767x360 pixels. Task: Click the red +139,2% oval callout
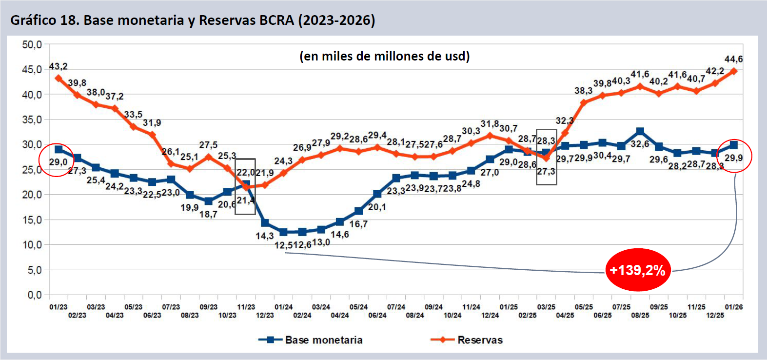coord(637,270)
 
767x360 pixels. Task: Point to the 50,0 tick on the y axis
coord(32,45)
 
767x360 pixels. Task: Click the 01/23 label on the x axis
coord(59,307)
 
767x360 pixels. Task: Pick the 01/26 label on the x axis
coord(733,307)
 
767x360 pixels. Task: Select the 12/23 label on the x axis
coord(265,315)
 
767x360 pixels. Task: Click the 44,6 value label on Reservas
coord(733,60)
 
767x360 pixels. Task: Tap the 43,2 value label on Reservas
coord(59,66)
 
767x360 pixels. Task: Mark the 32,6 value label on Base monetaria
coord(640,144)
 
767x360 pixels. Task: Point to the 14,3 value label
coord(265,236)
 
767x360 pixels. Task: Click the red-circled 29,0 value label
coord(58,162)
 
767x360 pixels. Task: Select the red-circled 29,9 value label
coord(733,158)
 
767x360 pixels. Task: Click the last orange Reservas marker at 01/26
coord(733,71)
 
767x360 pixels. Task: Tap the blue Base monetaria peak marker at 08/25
coord(640,132)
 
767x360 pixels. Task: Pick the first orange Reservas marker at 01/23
coord(59,78)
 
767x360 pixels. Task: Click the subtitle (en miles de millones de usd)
coord(384,56)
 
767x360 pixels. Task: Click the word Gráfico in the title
coord(33,20)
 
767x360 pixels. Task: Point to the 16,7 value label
coord(358,224)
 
